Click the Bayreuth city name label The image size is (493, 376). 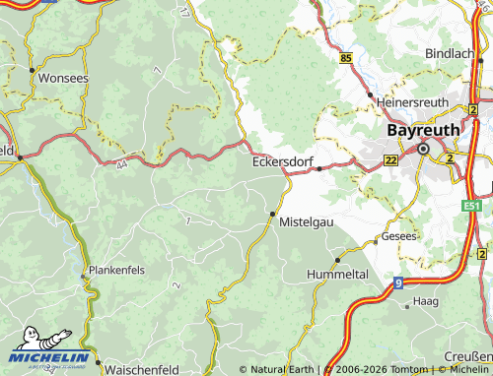pos(423,128)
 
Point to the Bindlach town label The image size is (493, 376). pos(450,52)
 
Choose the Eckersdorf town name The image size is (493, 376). pos(283,161)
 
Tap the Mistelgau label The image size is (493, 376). pos(307,222)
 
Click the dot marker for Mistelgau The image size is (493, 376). pos(272,213)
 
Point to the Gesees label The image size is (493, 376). pos(401,237)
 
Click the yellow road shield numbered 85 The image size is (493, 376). pos(345,60)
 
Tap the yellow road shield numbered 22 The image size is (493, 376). pos(391,159)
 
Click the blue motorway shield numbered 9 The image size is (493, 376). pos(398,283)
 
